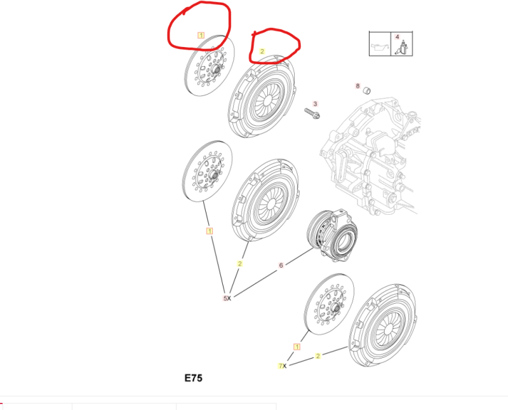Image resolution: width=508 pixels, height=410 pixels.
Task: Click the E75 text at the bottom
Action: click(x=194, y=378)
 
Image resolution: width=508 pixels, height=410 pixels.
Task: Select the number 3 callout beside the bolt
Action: click(x=315, y=104)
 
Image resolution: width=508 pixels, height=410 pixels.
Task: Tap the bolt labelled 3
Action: click(x=312, y=114)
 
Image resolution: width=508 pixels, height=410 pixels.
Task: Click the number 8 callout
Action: click(x=358, y=86)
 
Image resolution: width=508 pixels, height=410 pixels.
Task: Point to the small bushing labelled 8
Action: click(x=366, y=90)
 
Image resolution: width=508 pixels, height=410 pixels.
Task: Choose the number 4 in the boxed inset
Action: click(x=398, y=37)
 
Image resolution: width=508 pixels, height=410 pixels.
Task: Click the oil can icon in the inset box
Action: click(x=380, y=48)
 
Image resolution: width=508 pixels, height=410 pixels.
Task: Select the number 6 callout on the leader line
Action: click(x=281, y=265)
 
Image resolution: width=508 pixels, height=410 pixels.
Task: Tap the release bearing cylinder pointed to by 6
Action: click(x=332, y=235)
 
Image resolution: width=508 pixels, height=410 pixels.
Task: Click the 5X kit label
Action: click(x=227, y=298)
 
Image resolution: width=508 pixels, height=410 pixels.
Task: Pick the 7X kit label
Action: click(x=282, y=366)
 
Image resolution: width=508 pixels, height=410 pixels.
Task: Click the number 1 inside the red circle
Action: click(x=201, y=35)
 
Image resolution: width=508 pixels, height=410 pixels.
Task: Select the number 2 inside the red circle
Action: click(x=262, y=51)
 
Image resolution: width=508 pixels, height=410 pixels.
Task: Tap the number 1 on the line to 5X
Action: click(x=210, y=231)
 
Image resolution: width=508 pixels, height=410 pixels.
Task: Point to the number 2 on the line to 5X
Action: click(x=240, y=264)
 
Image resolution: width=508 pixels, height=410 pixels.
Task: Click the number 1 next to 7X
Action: click(x=297, y=346)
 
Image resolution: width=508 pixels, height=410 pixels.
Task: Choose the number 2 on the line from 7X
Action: click(x=318, y=356)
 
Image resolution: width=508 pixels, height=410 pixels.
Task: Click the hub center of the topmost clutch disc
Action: click(x=217, y=69)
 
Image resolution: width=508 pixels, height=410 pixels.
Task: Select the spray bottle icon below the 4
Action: click(x=402, y=48)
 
